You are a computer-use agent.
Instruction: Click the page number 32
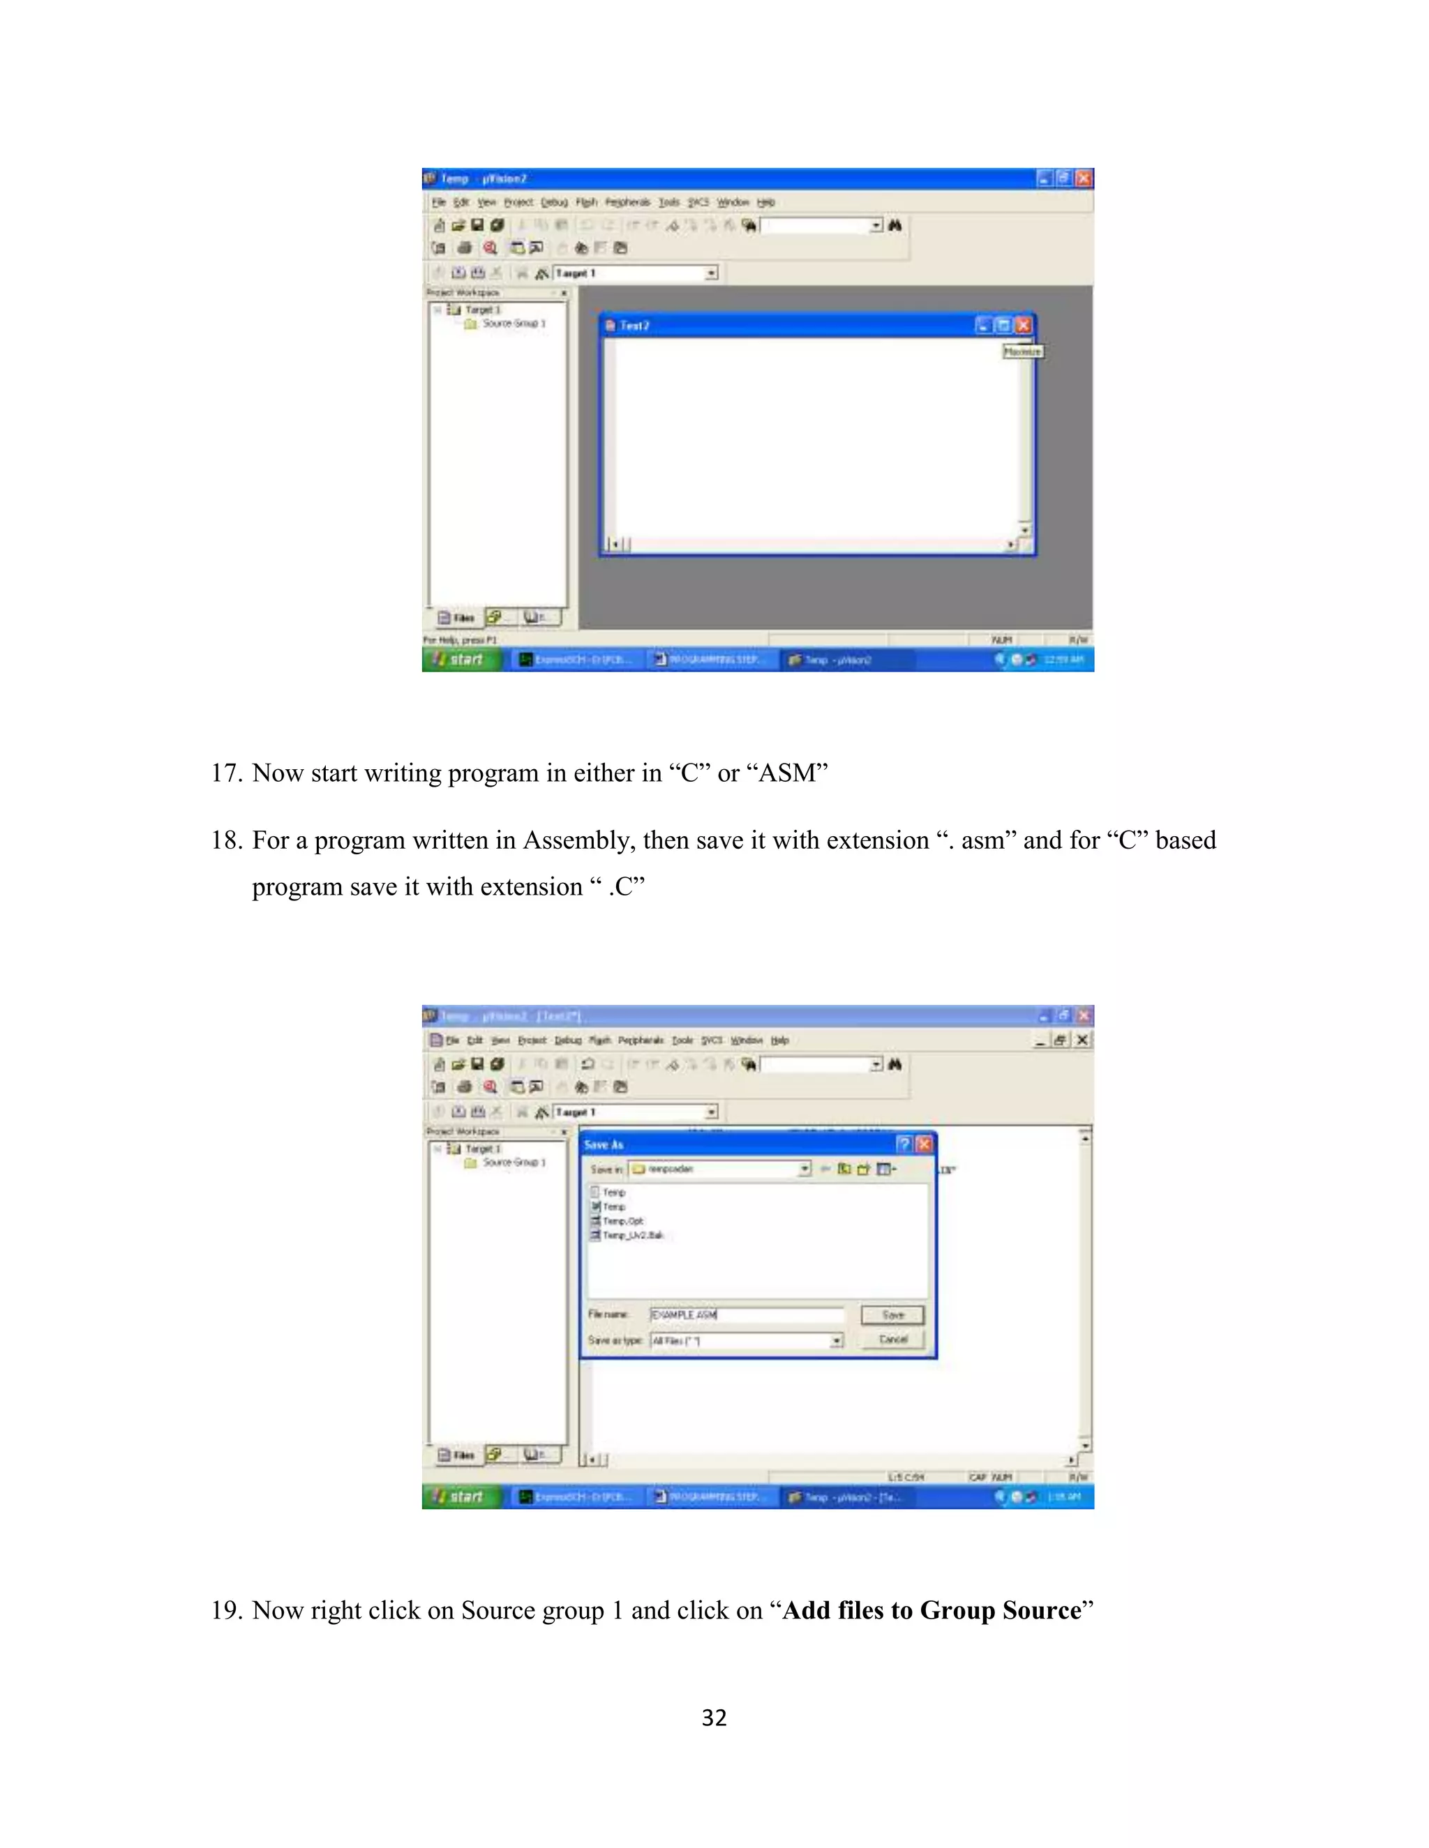(714, 1718)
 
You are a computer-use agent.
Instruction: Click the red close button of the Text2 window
(1024, 326)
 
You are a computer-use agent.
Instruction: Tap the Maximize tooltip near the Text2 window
(1023, 351)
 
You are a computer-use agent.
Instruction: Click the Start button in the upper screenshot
(461, 659)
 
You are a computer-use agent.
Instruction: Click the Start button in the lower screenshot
(461, 1497)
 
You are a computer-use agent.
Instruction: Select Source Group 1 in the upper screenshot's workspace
(513, 324)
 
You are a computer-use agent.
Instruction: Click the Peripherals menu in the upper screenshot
(627, 202)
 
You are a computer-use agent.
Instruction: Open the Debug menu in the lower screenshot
(568, 1040)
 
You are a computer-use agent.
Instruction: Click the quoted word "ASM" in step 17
(787, 773)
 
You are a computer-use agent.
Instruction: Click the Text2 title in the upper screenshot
(634, 326)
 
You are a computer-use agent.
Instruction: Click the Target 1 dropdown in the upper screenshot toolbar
(635, 273)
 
